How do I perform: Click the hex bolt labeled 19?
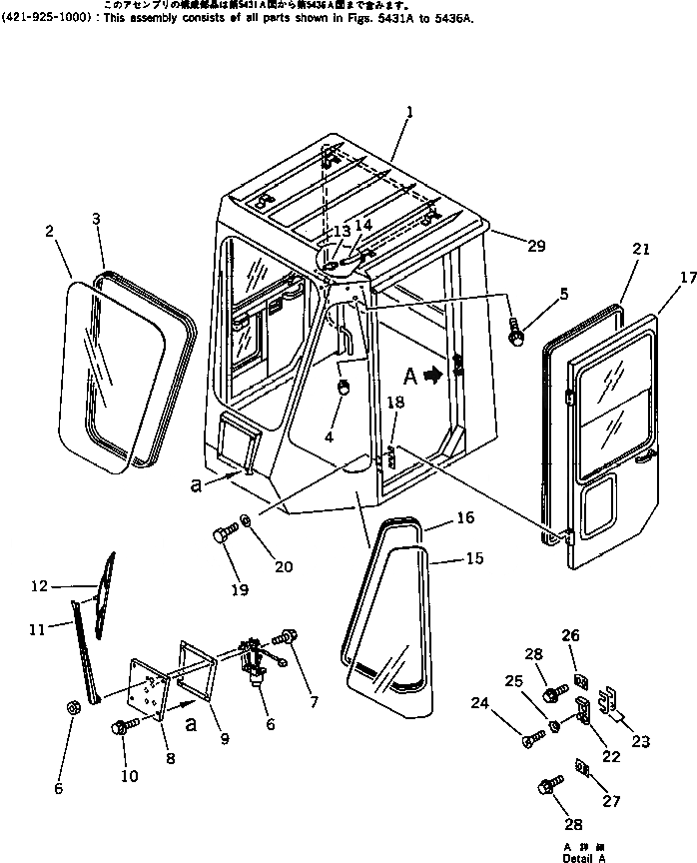point(224,536)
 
